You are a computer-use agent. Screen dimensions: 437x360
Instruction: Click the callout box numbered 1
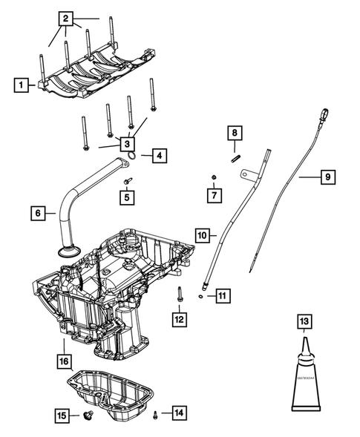(22, 85)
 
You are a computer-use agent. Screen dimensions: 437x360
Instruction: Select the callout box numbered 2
(67, 17)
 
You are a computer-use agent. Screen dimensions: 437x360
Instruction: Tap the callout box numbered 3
(128, 144)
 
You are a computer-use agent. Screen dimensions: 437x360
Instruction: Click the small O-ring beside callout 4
(132, 154)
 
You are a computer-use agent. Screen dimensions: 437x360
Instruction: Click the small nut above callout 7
(214, 177)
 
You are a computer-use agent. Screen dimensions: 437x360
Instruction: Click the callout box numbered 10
(202, 234)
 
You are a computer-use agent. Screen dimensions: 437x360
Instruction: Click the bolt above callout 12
(180, 293)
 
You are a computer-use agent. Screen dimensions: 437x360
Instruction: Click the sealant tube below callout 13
(304, 378)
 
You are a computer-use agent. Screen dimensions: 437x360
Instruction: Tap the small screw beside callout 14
(155, 413)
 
